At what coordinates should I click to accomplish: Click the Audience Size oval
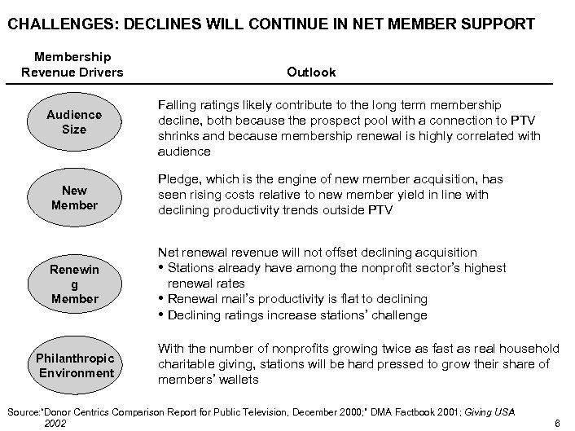click(x=74, y=122)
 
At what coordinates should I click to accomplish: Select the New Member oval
click(x=74, y=198)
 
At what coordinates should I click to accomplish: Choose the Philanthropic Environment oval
click(x=74, y=365)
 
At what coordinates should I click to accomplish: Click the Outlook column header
click(x=311, y=72)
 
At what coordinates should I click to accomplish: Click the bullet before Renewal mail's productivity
click(x=161, y=300)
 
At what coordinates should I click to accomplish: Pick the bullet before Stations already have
click(x=161, y=268)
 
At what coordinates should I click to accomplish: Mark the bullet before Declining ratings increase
click(x=161, y=315)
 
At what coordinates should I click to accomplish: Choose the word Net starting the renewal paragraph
click(x=168, y=253)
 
